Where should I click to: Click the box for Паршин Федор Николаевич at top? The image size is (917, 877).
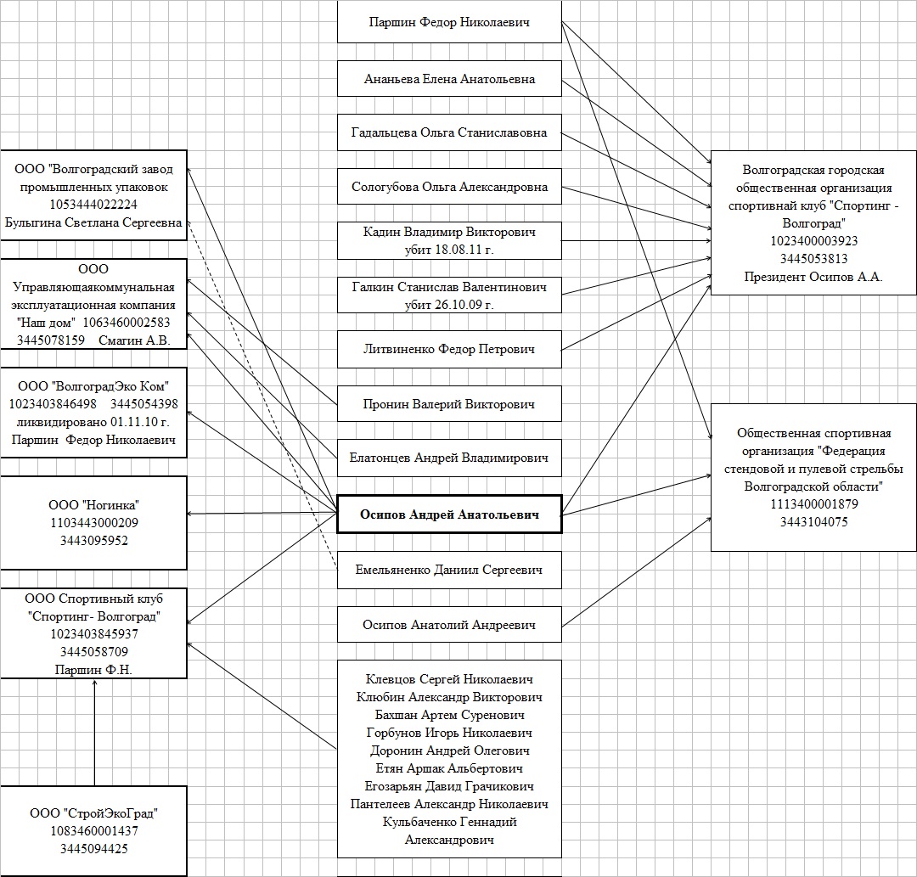pos(449,23)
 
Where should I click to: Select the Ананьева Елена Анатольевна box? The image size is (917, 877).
pos(449,79)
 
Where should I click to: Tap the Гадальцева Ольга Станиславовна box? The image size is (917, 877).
pos(449,132)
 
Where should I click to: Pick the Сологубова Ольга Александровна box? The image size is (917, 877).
pos(449,187)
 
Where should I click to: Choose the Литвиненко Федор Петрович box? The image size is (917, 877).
pos(449,349)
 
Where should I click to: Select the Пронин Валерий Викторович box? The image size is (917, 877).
pos(449,404)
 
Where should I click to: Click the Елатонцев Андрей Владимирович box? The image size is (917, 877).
pos(449,458)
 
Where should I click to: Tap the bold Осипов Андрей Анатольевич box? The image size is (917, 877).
pos(449,514)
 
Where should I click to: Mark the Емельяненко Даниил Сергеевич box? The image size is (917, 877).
pos(449,570)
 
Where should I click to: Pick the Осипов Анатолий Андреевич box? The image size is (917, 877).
pos(449,626)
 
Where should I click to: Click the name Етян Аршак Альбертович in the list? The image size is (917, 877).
pos(449,768)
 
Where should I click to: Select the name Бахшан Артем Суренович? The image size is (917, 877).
pos(449,715)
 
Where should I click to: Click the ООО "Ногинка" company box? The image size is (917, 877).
pos(93,522)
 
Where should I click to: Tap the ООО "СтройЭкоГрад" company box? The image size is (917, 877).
pos(93,830)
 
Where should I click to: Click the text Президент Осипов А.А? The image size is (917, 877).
pos(813,277)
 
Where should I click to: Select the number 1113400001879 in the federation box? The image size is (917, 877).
pos(813,504)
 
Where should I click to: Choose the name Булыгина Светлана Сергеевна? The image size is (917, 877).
pos(93,222)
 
